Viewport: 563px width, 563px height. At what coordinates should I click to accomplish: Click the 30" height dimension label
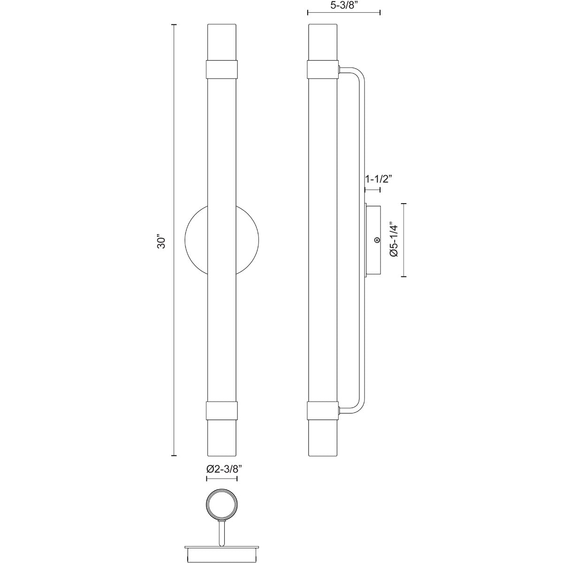click(161, 241)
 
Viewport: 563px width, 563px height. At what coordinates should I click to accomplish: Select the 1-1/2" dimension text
click(378, 179)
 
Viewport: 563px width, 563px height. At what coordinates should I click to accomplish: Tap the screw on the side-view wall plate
click(377, 240)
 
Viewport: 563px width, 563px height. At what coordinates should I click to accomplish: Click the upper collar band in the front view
click(222, 69)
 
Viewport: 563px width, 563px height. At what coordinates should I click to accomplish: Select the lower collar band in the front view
click(222, 411)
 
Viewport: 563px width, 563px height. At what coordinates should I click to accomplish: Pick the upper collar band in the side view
click(323, 69)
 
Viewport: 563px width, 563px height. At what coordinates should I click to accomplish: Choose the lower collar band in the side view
click(323, 411)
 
